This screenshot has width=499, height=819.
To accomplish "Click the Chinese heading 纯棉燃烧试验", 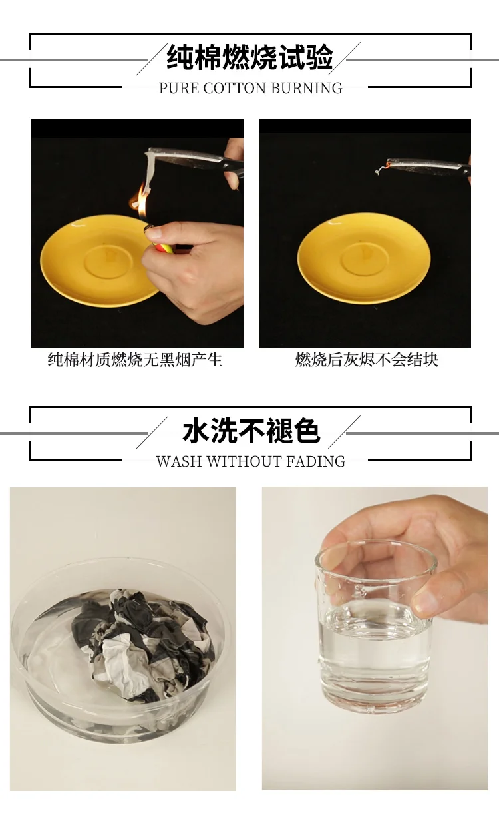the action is click(x=249, y=57).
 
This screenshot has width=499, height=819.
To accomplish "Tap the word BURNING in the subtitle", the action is click(x=307, y=88).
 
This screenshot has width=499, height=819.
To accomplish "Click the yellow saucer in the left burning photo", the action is click(x=98, y=260).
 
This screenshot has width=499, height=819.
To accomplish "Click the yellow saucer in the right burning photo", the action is click(x=364, y=258).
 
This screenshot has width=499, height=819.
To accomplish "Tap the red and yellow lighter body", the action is click(x=162, y=248).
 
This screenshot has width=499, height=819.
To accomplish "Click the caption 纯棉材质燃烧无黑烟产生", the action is click(x=135, y=360).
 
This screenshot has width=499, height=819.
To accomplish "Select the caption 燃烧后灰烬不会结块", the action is click(x=367, y=360).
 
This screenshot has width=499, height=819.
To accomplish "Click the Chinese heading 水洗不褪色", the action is click(x=251, y=431).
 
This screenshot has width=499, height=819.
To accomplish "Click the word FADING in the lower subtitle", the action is click(x=315, y=461).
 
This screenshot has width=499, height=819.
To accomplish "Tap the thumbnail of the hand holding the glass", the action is click(x=375, y=639).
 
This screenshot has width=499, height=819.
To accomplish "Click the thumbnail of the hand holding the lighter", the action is click(x=137, y=233).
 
